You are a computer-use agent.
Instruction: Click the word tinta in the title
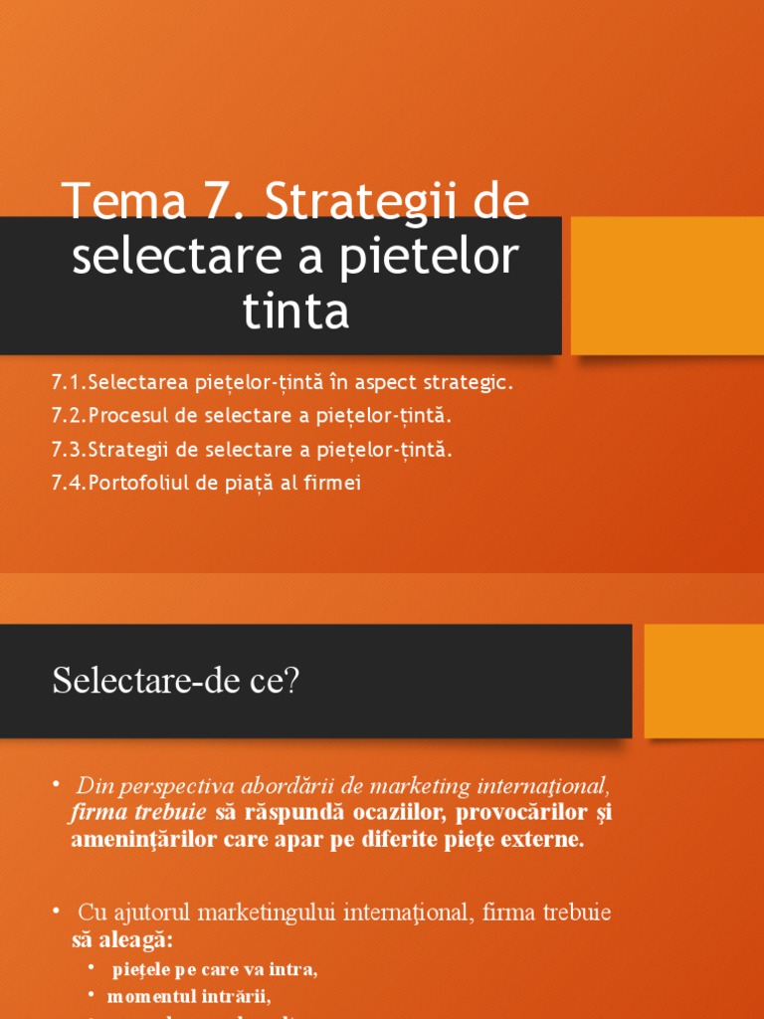pyautogui.click(x=296, y=312)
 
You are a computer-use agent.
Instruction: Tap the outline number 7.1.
pyautogui.click(x=68, y=382)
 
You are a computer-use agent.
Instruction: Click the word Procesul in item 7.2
pyautogui.click(x=128, y=416)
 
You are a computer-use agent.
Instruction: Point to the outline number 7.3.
pyautogui.click(x=68, y=450)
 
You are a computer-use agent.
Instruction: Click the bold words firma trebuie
pyautogui.click(x=139, y=812)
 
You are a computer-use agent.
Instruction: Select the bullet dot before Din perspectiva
pyautogui.click(x=58, y=782)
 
